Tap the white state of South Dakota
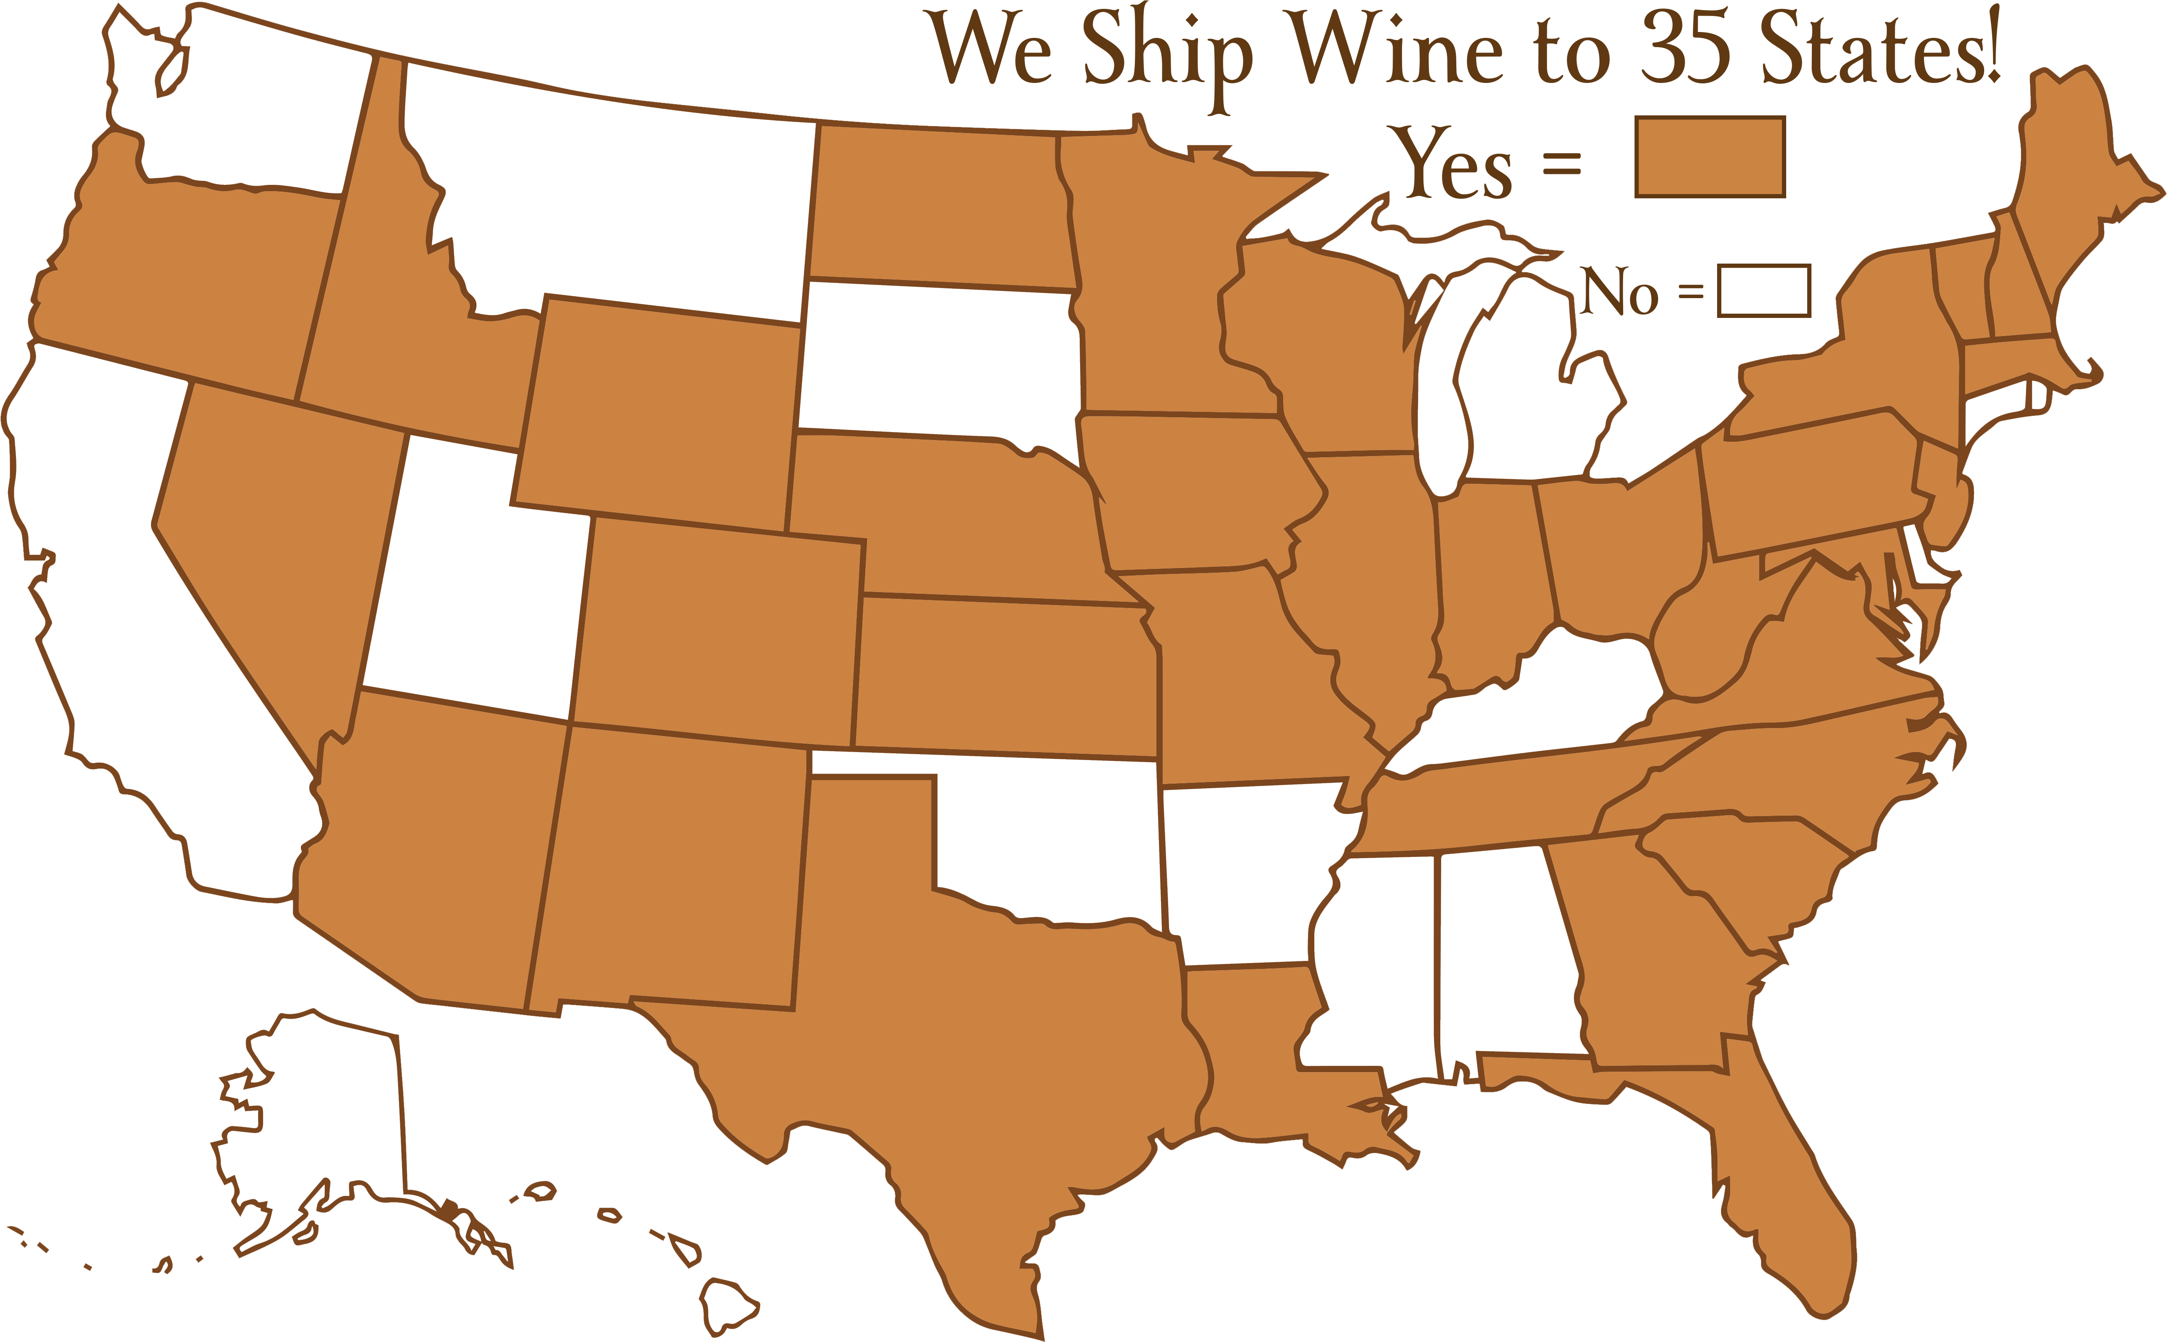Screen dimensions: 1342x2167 [941, 364]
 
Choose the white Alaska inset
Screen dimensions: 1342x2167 [329, 1127]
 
